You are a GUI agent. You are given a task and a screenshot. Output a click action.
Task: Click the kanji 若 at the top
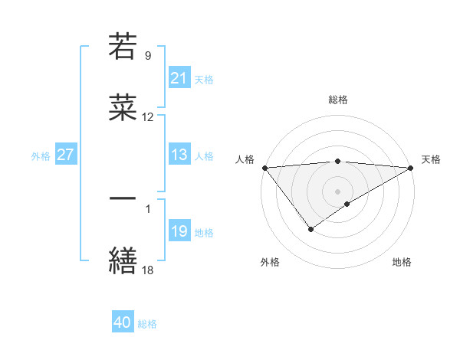pos(123,47)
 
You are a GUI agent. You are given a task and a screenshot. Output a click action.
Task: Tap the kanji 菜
pos(123,108)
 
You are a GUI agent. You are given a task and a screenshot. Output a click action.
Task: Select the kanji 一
pos(123,198)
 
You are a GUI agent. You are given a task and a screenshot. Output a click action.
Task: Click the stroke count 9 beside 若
pos(147,56)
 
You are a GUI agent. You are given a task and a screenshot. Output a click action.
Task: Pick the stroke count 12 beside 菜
pos(148,117)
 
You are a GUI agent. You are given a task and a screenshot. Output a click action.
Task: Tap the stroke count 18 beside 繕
pos(148,270)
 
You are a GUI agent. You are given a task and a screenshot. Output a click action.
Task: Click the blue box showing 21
pos(179,78)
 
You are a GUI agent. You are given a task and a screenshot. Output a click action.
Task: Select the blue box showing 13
pos(179,155)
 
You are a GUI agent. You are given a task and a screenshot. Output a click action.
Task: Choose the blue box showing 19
pos(179,231)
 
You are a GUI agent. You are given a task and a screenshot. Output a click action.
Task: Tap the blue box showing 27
pos(65,155)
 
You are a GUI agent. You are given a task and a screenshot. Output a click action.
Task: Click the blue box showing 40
pos(123,322)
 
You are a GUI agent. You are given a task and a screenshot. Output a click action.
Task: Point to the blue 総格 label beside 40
pos(147,324)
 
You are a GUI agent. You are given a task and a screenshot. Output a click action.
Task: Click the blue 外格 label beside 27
pos(41,156)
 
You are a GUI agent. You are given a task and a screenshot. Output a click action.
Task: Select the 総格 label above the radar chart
pos(338,100)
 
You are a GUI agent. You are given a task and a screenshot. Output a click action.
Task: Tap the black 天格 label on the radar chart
pos(431,159)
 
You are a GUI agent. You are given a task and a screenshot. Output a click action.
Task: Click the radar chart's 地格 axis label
pos(402,262)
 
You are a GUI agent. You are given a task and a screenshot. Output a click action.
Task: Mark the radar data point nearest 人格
pos(264,168)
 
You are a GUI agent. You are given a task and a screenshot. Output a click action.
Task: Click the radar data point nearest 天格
pos(411,168)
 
